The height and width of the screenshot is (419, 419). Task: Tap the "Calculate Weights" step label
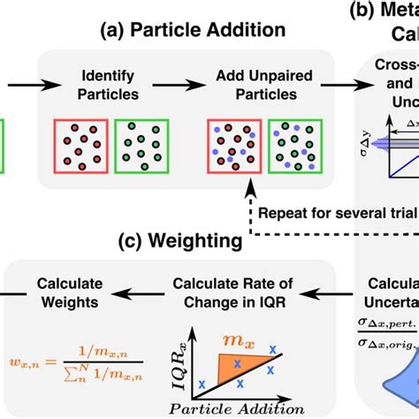70,293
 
